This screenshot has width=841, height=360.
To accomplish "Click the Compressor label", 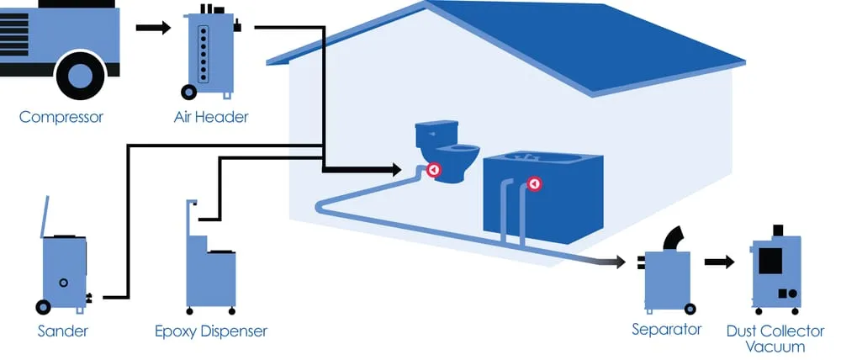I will pos(61,117).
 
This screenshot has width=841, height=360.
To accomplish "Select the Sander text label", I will pos(62,331).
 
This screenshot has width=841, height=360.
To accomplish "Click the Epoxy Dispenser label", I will pos(211,331).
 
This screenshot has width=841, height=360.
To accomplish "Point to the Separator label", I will pos(666,329).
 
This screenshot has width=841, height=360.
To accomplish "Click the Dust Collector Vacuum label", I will pos(775,338).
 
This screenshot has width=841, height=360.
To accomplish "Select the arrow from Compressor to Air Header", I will pos(153,27).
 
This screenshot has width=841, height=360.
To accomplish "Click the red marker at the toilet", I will pos(434,170).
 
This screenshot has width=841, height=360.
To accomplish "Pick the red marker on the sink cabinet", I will pos(533,184).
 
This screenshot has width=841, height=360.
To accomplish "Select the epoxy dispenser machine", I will pos(209,261).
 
